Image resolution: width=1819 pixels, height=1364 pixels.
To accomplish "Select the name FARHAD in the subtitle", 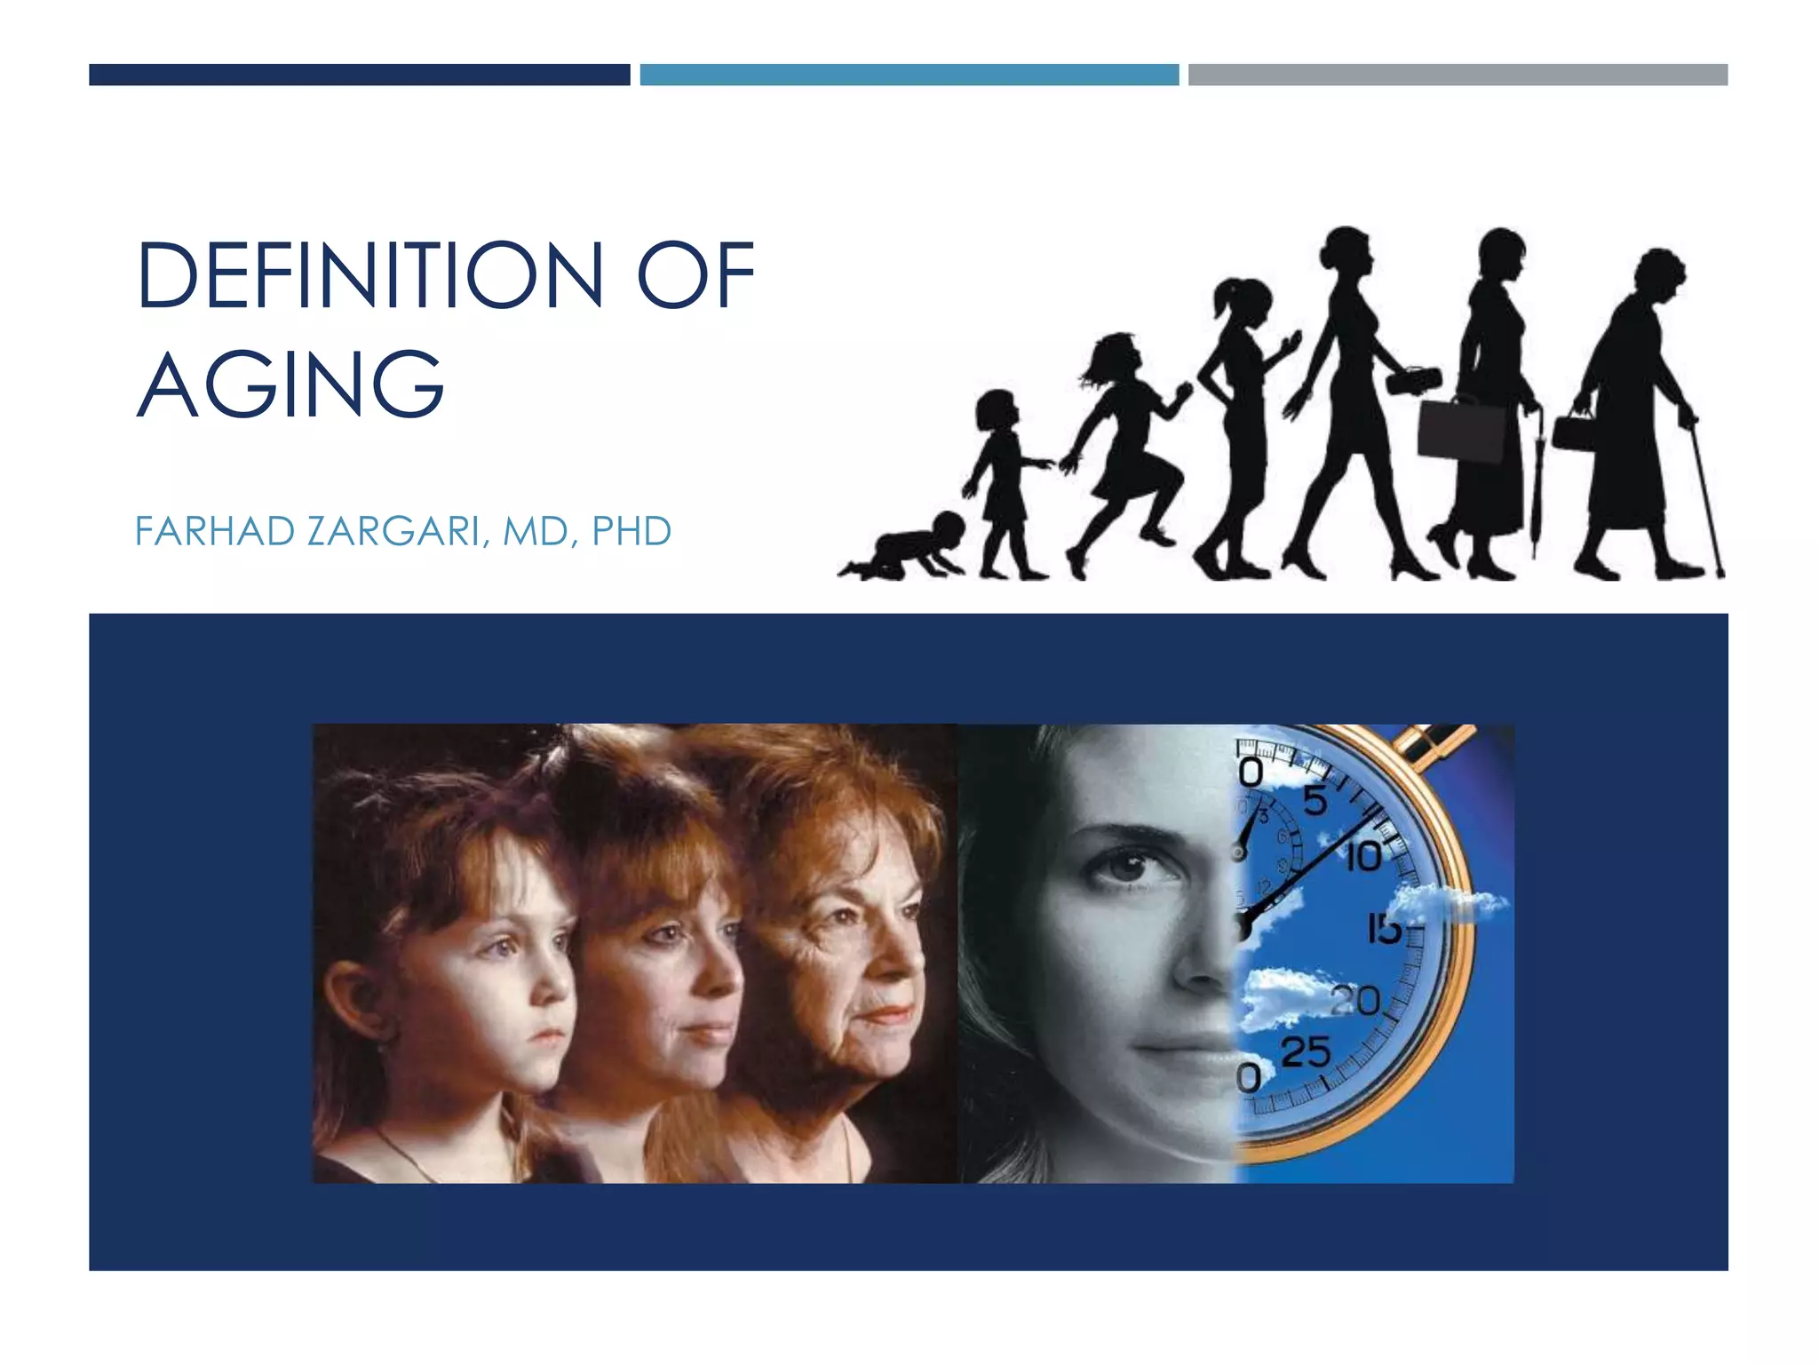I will tap(215, 531).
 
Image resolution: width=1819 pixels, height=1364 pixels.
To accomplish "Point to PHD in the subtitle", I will tap(631, 531).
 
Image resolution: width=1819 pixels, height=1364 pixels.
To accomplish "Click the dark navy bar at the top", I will tap(359, 75).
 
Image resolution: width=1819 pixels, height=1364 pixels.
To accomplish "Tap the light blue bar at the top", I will tap(909, 75).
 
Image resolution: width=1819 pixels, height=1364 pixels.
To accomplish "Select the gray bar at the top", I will tap(1458, 75).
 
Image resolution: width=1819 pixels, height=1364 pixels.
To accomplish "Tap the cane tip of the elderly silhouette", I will tap(1720, 574).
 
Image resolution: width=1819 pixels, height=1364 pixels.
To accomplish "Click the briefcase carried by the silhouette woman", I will tap(1461, 430).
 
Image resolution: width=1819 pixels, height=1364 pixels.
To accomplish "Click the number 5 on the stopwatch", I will tap(1315, 801).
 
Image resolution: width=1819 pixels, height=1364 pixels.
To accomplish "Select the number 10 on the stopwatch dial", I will tap(1364, 858).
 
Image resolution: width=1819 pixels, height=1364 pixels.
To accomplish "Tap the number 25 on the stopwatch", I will tap(1306, 1052).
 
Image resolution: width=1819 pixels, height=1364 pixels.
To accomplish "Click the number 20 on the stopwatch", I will tap(1356, 1001).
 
